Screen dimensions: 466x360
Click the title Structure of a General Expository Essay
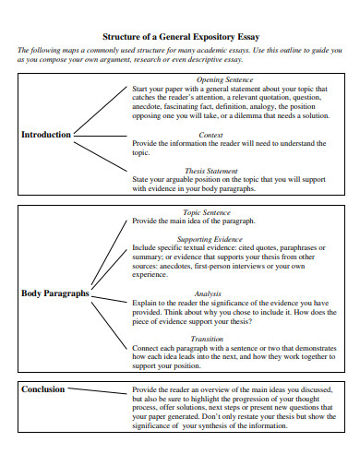[180, 37]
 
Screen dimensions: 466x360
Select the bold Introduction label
[45, 135]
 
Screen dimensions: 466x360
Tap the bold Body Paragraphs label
[54, 293]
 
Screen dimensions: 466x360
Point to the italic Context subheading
[210, 135]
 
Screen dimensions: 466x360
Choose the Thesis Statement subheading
[210, 171]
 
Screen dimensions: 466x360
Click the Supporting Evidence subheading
[211, 239]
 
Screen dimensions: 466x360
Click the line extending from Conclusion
[97, 391]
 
